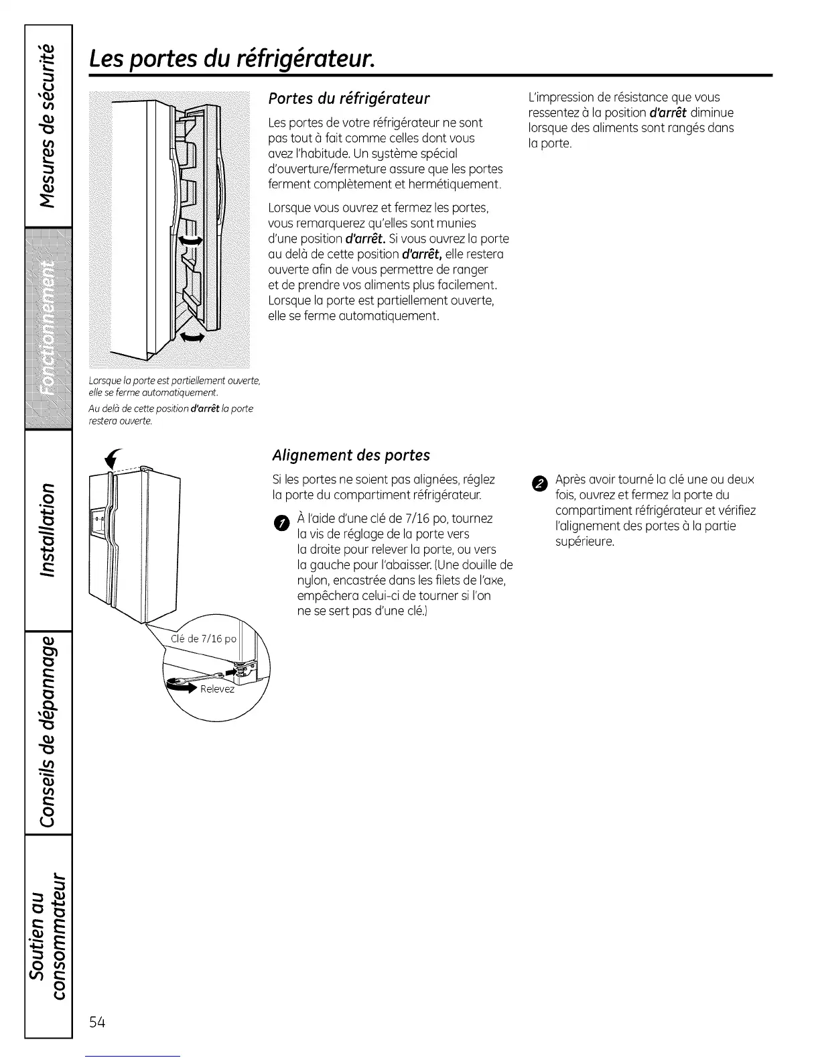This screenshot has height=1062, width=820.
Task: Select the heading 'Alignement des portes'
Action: (351, 455)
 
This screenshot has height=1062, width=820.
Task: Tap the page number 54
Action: (97, 1022)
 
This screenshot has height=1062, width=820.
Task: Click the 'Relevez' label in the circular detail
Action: (218, 689)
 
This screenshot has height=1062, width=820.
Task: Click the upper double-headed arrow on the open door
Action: (190, 241)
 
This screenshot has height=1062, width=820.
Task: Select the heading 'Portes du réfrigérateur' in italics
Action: (348, 99)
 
